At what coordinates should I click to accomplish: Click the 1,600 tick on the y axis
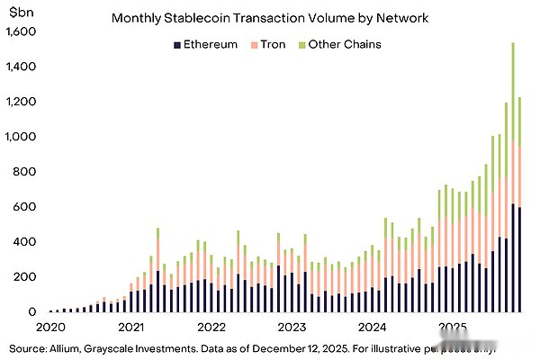point(21,31)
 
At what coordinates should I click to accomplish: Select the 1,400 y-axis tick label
point(21,67)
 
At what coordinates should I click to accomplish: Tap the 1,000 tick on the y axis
point(21,137)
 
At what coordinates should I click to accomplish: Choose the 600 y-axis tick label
point(26,207)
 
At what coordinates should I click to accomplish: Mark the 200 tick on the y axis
point(26,277)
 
